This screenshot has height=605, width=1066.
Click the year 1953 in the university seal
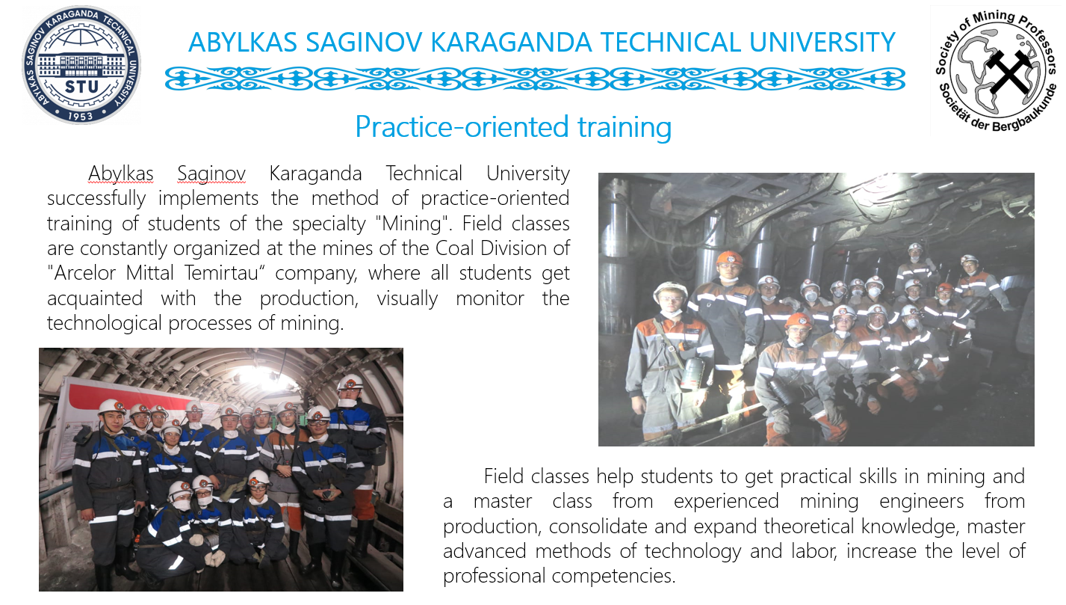click(80, 116)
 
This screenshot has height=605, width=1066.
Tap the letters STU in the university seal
click(81, 87)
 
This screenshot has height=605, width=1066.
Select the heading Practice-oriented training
click(513, 126)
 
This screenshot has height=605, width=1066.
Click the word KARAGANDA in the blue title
click(511, 42)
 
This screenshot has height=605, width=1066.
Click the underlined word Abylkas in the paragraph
click(121, 174)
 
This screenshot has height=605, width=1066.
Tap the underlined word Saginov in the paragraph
click(211, 174)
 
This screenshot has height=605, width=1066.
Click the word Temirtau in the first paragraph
click(221, 273)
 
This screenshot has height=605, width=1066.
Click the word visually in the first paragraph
click(407, 298)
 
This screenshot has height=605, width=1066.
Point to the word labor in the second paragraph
click(814, 551)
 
